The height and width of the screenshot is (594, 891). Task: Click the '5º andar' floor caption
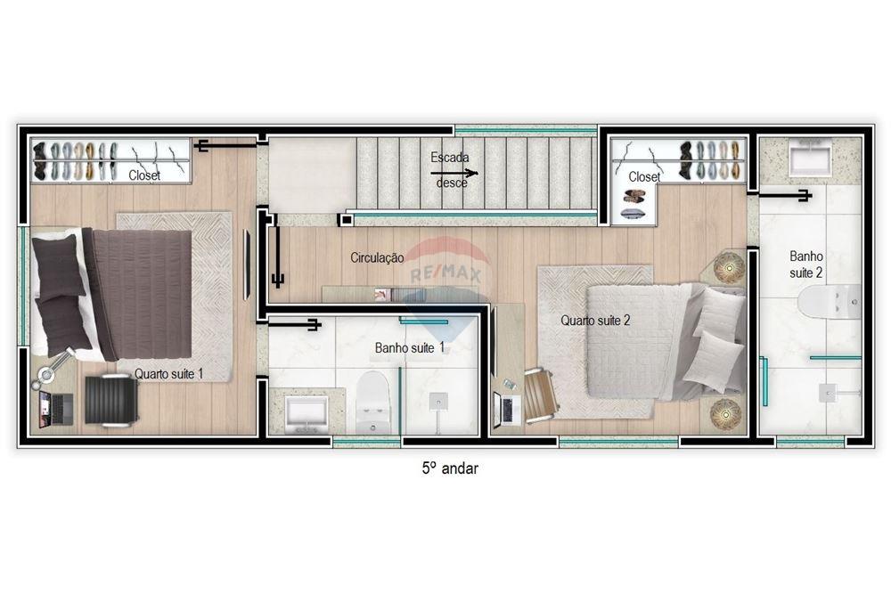tap(449, 468)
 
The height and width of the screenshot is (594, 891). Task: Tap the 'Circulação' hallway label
tap(377, 258)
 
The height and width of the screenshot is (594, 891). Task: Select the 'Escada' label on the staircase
tap(449, 158)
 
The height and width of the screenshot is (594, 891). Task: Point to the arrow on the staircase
tap(454, 173)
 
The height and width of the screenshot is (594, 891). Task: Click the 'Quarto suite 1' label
tap(168, 374)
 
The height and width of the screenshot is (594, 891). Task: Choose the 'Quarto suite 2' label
tap(595, 321)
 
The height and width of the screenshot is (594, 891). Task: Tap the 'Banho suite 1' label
tap(410, 347)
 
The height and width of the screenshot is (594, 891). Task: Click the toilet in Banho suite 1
tap(372, 401)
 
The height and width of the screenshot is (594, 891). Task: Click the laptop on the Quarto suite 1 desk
tap(55, 410)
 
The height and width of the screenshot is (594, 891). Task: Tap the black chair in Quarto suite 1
tap(111, 400)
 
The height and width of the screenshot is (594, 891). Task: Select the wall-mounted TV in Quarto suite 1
tap(247, 264)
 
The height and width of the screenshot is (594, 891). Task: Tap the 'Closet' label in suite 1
tap(144, 175)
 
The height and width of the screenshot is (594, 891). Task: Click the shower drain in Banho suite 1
tap(437, 402)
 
